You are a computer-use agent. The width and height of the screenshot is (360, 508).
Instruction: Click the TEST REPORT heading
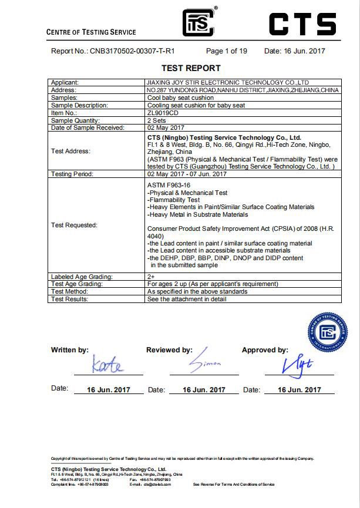tap(191, 68)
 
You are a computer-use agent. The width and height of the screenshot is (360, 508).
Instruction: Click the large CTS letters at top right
tap(302, 24)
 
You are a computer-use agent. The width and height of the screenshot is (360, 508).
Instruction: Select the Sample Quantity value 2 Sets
tap(158, 120)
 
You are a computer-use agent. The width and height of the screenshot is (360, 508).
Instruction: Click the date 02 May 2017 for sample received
tap(166, 127)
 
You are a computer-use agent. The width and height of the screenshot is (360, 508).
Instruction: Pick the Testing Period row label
tap(73, 174)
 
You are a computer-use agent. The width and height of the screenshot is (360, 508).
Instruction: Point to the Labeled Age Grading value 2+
tap(151, 277)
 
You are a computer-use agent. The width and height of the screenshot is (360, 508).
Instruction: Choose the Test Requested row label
tap(74, 225)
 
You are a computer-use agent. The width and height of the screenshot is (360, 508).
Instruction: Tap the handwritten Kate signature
tap(107, 365)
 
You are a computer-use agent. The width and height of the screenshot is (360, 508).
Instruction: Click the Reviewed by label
tap(169, 350)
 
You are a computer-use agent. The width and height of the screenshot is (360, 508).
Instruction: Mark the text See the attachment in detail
tap(186, 299)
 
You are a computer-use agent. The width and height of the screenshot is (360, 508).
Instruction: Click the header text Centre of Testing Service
tap(91, 32)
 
